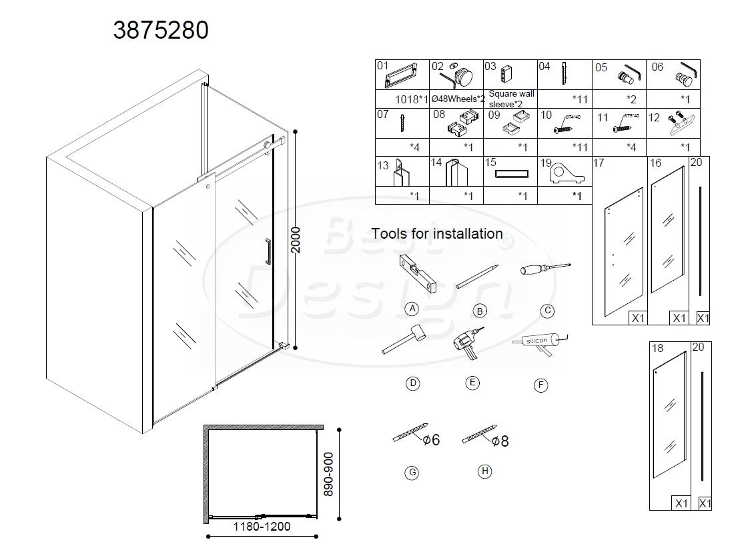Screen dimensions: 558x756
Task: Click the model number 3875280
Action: pyautogui.click(x=161, y=31)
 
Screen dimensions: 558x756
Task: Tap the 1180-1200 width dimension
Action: pyautogui.click(x=261, y=526)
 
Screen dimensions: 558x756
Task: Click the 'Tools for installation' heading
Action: pyautogui.click(x=437, y=234)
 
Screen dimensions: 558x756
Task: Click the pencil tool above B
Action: pyautogui.click(x=478, y=276)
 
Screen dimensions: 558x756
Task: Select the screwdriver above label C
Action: pyautogui.click(x=545, y=270)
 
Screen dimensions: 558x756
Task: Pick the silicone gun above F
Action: pyautogui.click(x=540, y=342)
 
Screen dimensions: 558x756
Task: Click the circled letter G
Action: pyautogui.click(x=412, y=473)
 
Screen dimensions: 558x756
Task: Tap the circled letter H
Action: pyautogui.click(x=485, y=471)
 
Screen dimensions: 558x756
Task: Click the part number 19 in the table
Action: pyautogui.click(x=545, y=162)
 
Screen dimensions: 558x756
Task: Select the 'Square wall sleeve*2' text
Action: pyautogui.click(x=510, y=99)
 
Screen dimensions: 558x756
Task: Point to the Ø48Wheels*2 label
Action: pyautogui.click(x=458, y=99)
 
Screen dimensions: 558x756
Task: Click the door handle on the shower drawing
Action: pyautogui.click(x=268, y=253)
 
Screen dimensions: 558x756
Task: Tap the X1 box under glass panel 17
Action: pyautogui.click(x=638, y=318)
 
